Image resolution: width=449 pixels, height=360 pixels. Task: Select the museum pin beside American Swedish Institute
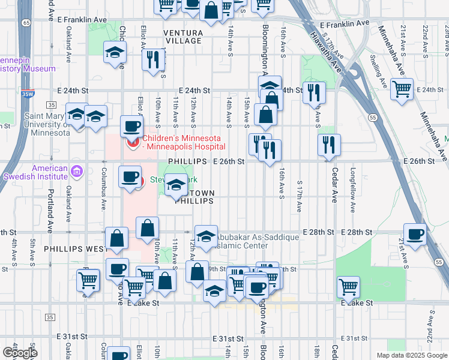[76, 173]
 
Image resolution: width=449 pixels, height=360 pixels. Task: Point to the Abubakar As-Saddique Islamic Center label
[258, 241]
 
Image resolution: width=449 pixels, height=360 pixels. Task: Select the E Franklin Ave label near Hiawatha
[345, 24]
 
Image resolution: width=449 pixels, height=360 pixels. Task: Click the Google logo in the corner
[20, 352]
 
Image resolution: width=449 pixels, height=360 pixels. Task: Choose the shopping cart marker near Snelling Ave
[402, 89]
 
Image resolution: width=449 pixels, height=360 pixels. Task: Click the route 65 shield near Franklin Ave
[26, 22]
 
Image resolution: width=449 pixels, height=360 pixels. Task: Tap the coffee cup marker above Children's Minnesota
[131, 126]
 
